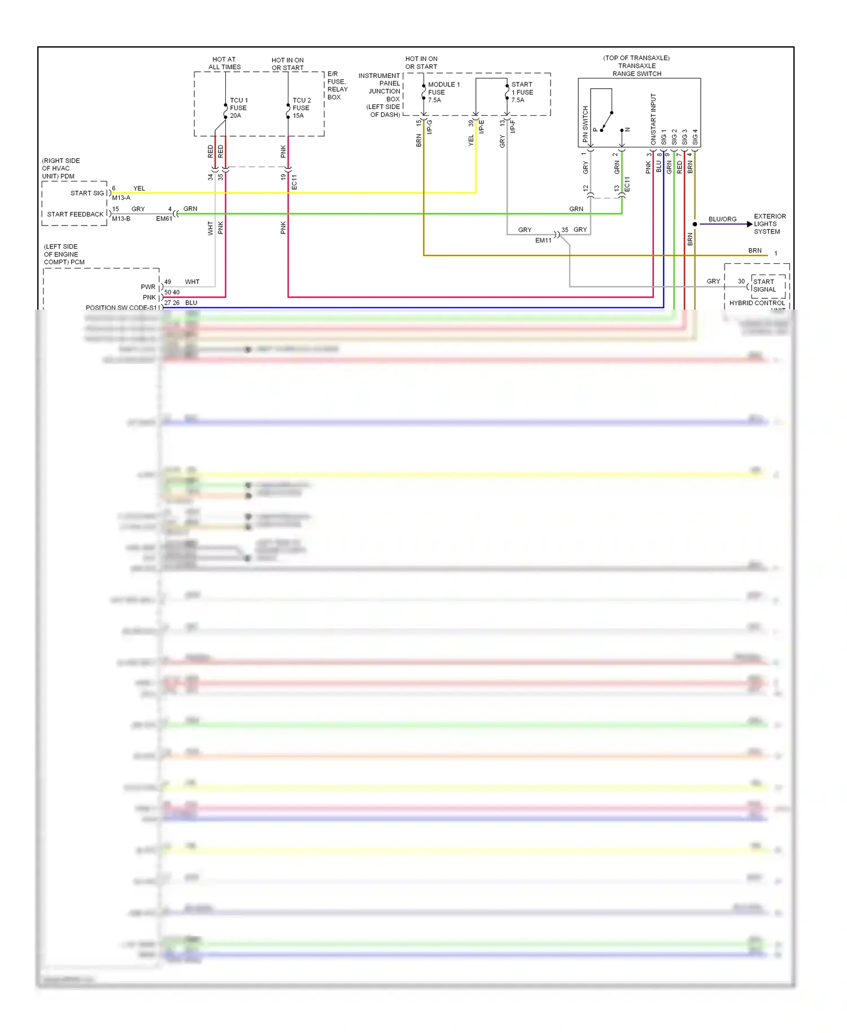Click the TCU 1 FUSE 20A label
[238, 108]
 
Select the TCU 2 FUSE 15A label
[301, 108]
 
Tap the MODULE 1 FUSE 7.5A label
[443, 92]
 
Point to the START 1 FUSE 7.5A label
[522, 92]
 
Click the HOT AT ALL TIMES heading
[224, 63]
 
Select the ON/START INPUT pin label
[653, 119]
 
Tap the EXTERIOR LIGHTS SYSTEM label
[769, 224]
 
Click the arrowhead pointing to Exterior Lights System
[750, 224]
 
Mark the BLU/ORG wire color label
[722, 219]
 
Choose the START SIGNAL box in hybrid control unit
[764, 285]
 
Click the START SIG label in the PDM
[87, 193]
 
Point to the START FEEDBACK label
[75, 214]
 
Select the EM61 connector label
[164, 219]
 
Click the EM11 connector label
[543, 241]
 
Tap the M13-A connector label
[121, 198]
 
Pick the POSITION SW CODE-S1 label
[121, 308]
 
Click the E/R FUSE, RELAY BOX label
[337, 85]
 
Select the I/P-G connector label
[430, 127]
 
